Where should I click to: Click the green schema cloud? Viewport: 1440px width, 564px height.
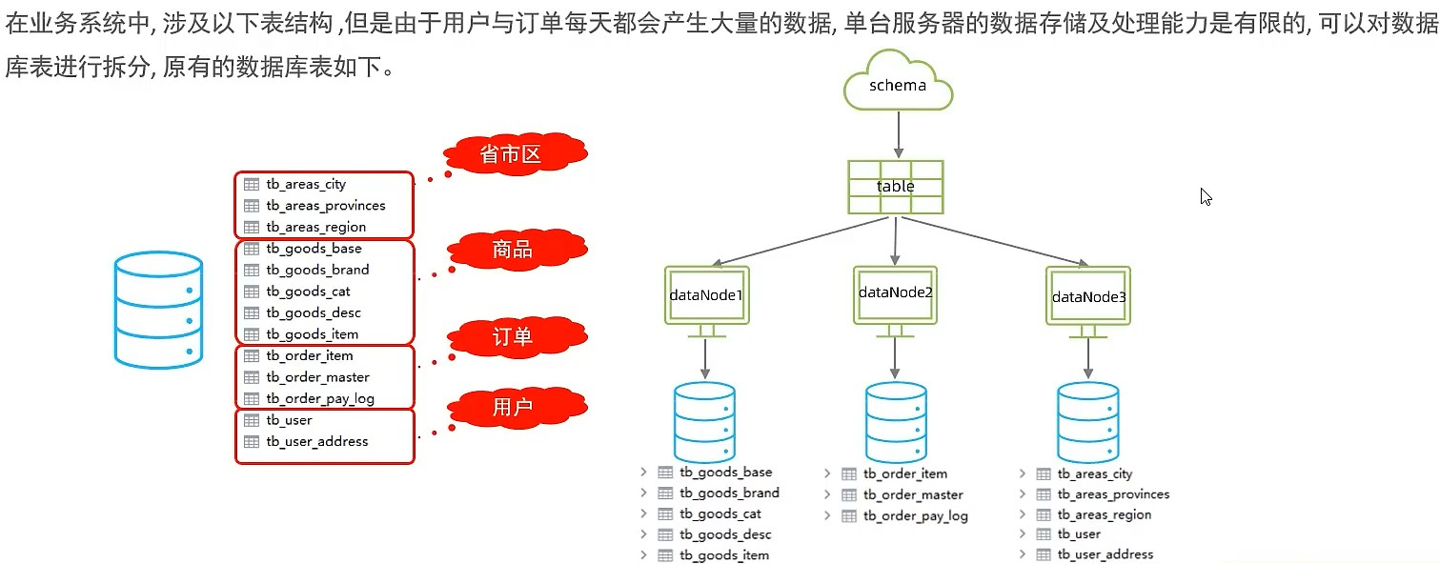coord(898,84)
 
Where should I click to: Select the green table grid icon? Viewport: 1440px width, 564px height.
coord(896,187)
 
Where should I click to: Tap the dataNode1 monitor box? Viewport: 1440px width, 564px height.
coord(705,295)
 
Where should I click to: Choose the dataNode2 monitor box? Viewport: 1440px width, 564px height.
coord(895,293)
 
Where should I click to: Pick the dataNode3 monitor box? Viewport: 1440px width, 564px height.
coord(1088,296)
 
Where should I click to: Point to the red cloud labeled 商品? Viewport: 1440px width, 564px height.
coord(513,251)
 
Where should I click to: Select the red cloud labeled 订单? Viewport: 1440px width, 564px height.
coord(513,337)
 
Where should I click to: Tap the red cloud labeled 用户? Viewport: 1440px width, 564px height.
coord(513,409)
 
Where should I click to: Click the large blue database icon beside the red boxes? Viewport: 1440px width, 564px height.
coord(158,310)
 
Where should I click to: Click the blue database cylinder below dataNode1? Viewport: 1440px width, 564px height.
coord(704,422)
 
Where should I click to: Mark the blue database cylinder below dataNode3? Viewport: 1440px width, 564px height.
coord(1088,423)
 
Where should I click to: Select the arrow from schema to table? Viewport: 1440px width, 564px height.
coord(897,134)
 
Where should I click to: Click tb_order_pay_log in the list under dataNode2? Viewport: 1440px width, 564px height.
coord(915,516)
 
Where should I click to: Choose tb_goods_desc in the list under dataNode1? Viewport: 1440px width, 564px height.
coord(725,534)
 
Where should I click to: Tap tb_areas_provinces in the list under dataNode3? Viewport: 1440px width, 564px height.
coord(1113,494)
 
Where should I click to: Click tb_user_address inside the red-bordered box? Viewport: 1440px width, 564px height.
coord(316,442)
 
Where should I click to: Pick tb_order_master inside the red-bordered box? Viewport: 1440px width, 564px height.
coord(317,377)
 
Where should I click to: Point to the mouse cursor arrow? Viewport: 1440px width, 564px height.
coord(1206,196)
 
